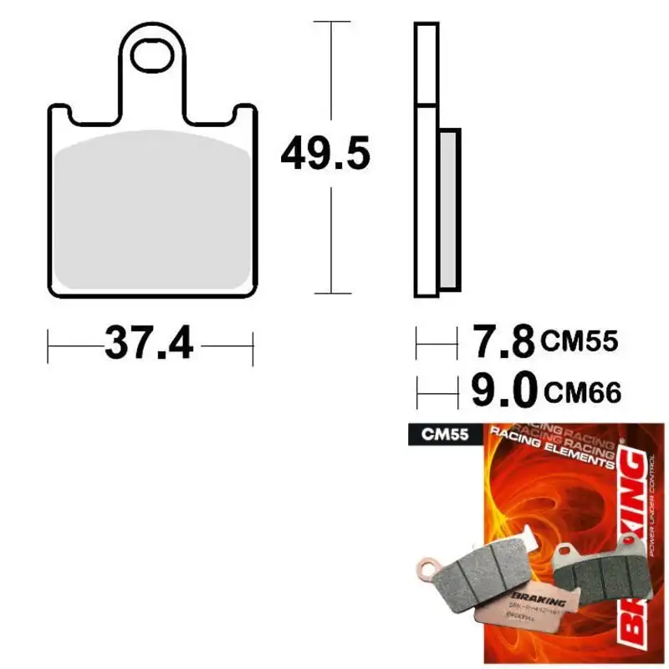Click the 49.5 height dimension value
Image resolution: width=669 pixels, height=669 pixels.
(x=324, y=155)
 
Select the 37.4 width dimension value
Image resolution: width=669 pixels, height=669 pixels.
(x=149, y=342)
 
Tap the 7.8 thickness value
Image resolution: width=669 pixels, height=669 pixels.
(x=503, y=341)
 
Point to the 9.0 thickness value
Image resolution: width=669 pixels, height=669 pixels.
(x=503, y=389)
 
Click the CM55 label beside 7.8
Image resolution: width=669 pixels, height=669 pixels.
(x=579, y=341)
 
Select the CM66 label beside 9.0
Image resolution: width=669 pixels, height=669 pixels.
(x=582, y=390)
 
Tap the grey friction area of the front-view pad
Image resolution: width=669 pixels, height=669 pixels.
(x=153, y=209)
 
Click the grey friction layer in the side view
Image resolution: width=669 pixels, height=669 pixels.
(x=448, y=209)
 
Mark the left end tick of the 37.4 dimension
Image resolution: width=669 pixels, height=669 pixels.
(x=49, y=343)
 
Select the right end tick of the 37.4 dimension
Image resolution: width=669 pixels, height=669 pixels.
(x=252, y=343)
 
